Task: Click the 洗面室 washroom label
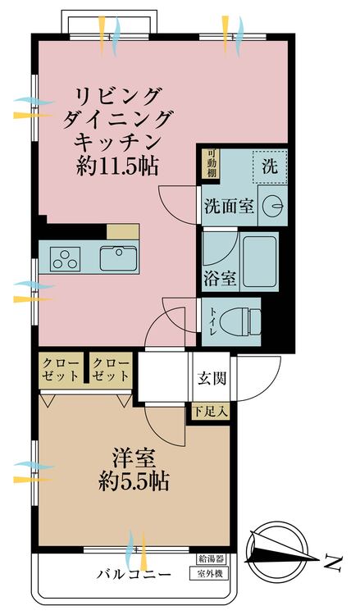229,207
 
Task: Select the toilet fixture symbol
240,321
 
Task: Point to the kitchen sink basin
118,258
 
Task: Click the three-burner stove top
65,258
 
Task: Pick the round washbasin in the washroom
273,206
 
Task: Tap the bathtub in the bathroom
260,262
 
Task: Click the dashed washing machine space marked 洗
270,166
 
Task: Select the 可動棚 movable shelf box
212,163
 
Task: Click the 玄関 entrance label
212,378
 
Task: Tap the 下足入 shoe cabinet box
210,412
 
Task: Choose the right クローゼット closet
111,370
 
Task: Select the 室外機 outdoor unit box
208,574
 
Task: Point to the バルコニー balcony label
134,575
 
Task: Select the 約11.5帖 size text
117,166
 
